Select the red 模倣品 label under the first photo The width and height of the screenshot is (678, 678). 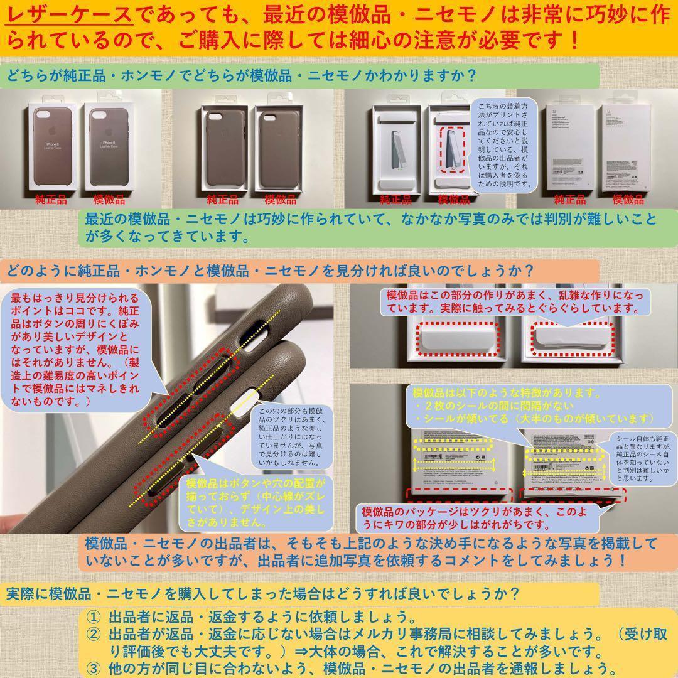[109, 200]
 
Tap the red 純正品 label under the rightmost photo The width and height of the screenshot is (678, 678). [569, 200]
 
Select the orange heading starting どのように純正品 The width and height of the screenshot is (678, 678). [270, 271]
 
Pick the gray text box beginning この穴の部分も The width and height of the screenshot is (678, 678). [289, 439]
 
